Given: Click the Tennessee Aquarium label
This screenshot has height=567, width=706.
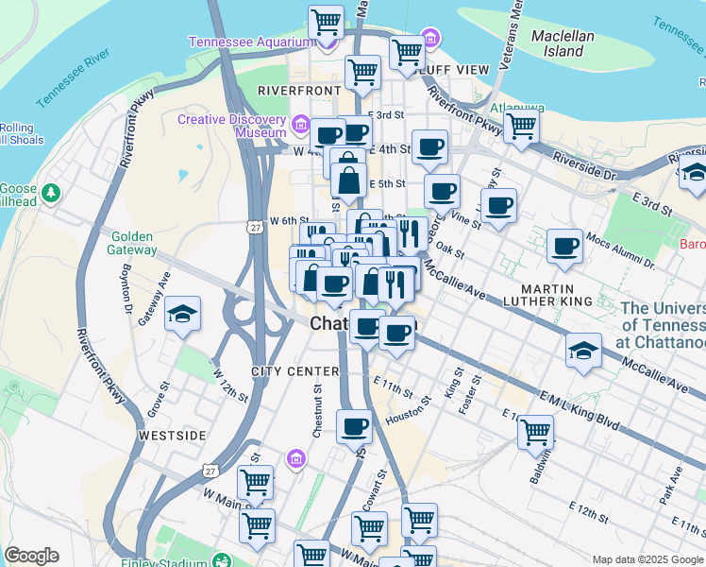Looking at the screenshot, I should click(x=250, y=42).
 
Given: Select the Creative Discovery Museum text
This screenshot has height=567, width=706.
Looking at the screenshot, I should click(x=232, y=126).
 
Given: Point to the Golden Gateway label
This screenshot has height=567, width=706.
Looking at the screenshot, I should click(x=133, y=243).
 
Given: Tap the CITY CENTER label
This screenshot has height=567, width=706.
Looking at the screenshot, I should click(x=294, y=371).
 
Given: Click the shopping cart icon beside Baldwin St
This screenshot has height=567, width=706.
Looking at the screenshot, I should click(x=535, y=432).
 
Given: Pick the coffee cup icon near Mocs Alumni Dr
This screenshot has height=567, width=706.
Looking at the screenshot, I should click(x=565, y=246).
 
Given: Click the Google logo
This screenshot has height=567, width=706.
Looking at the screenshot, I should click(x=31, y=556).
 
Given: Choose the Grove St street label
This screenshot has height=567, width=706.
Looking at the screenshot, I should click(x=156, y=399).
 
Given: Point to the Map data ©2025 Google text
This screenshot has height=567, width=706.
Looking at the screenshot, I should click(x=647, y=559).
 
